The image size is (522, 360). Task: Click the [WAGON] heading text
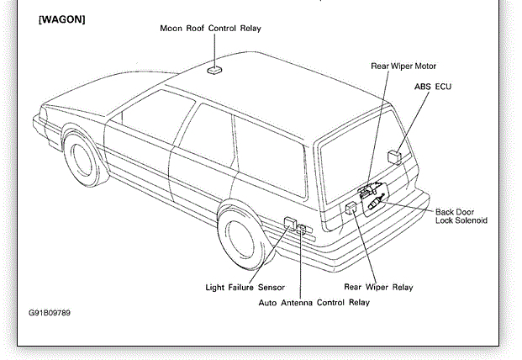click(62, 19)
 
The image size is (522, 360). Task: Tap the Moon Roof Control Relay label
click(210, 29)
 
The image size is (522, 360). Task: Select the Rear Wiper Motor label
click(403, 66)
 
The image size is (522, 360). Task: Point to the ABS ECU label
click(433, 86)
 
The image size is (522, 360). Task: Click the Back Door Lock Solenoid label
click(461, 216)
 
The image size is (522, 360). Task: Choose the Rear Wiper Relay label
click(378, 288)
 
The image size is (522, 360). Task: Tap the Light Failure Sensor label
click(245, 288)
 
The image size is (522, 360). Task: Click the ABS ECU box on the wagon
click(393, 156)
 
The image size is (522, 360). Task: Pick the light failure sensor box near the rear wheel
click(291, 225)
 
